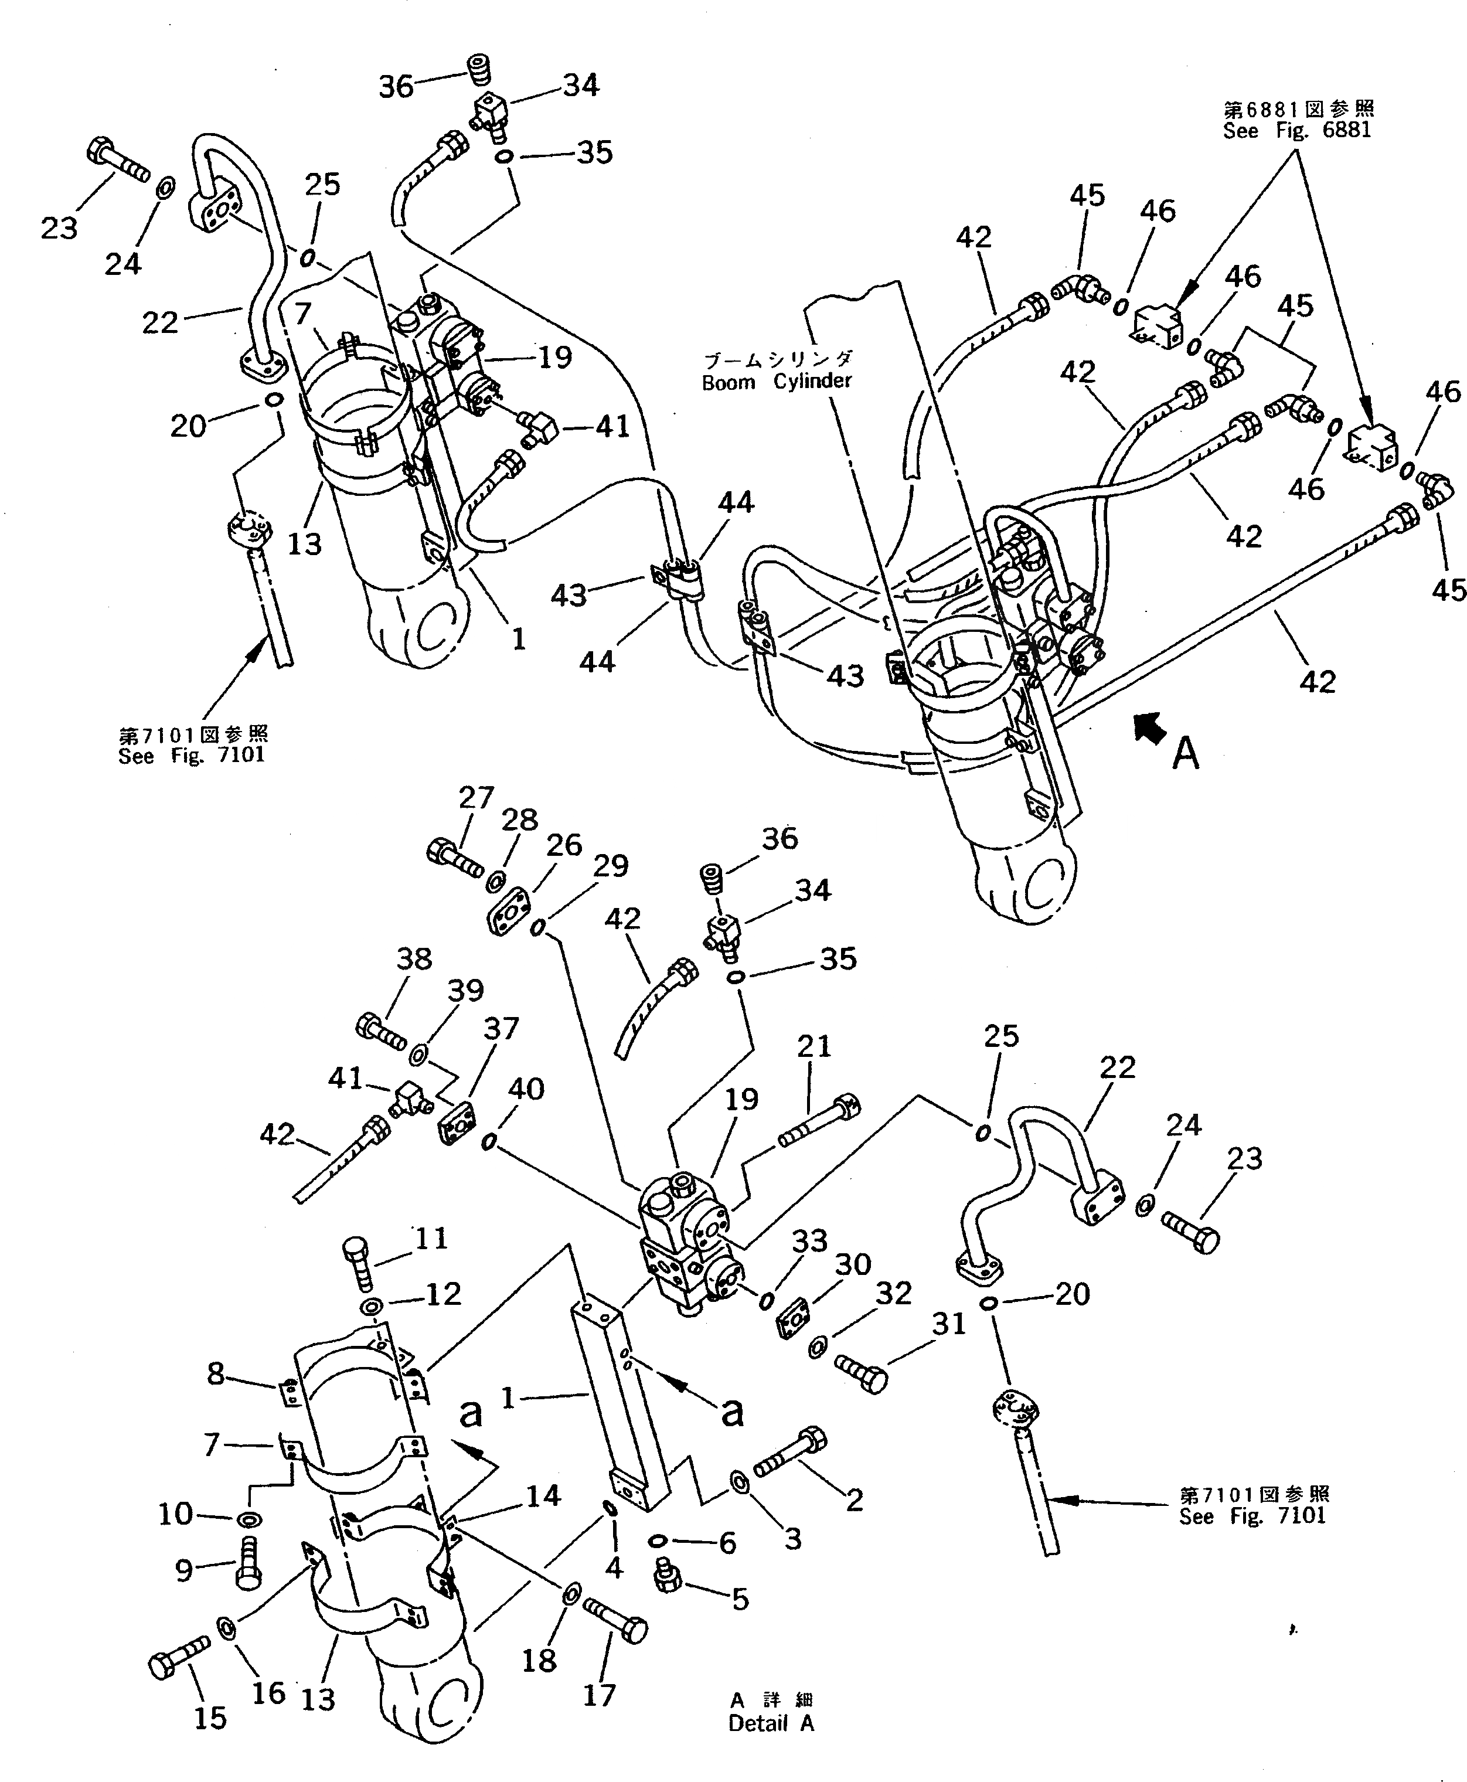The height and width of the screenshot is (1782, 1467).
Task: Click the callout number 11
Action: (430, 1238)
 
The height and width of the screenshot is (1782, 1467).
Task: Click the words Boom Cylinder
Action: (777, 382)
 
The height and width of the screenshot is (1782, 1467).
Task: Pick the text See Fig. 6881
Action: (1297, 131)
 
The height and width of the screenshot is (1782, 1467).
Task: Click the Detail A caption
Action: (771, 1724)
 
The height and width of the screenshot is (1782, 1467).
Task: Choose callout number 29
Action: (610, 866)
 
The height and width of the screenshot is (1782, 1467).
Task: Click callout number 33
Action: (809, 1240)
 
